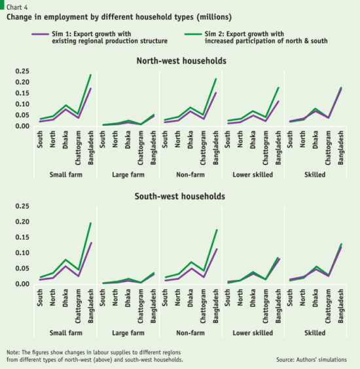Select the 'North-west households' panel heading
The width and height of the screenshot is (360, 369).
coord(181,61)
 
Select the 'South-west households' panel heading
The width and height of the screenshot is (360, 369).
coord(181,196)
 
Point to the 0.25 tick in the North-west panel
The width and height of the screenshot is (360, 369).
coord(21,71)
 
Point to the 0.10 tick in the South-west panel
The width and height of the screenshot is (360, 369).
coord(21,253)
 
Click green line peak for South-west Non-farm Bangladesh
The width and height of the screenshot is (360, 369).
coord(216,230)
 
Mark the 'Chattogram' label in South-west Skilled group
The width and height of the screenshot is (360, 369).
coord(329,305)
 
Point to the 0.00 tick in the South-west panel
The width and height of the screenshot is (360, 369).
coord(21,284)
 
